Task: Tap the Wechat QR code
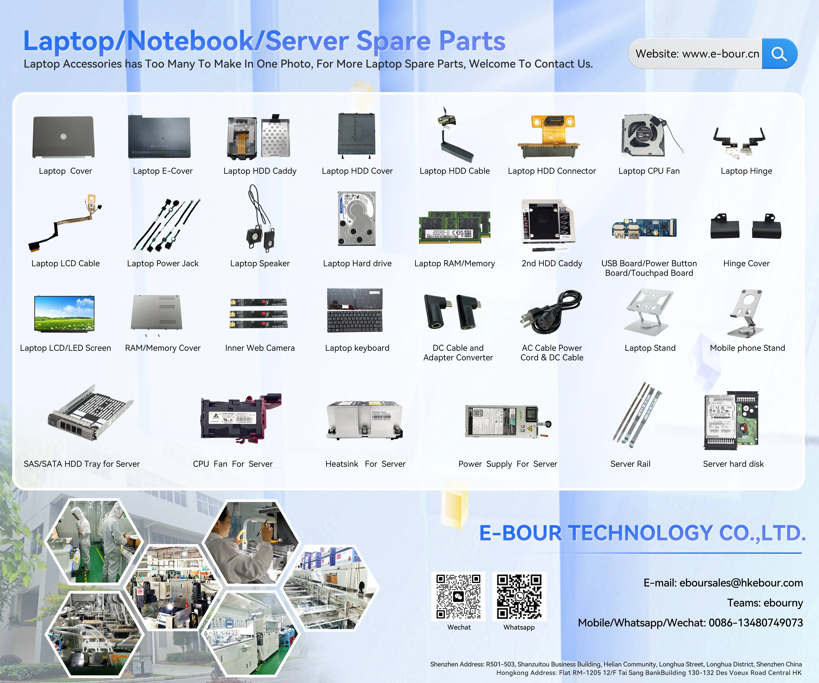click(458, 596)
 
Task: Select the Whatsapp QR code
click(519, 596)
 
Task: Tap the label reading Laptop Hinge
click(746, 171)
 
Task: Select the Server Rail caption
click(630, 464)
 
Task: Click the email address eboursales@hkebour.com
click(741, 583)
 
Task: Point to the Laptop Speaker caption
click(260, 264)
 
